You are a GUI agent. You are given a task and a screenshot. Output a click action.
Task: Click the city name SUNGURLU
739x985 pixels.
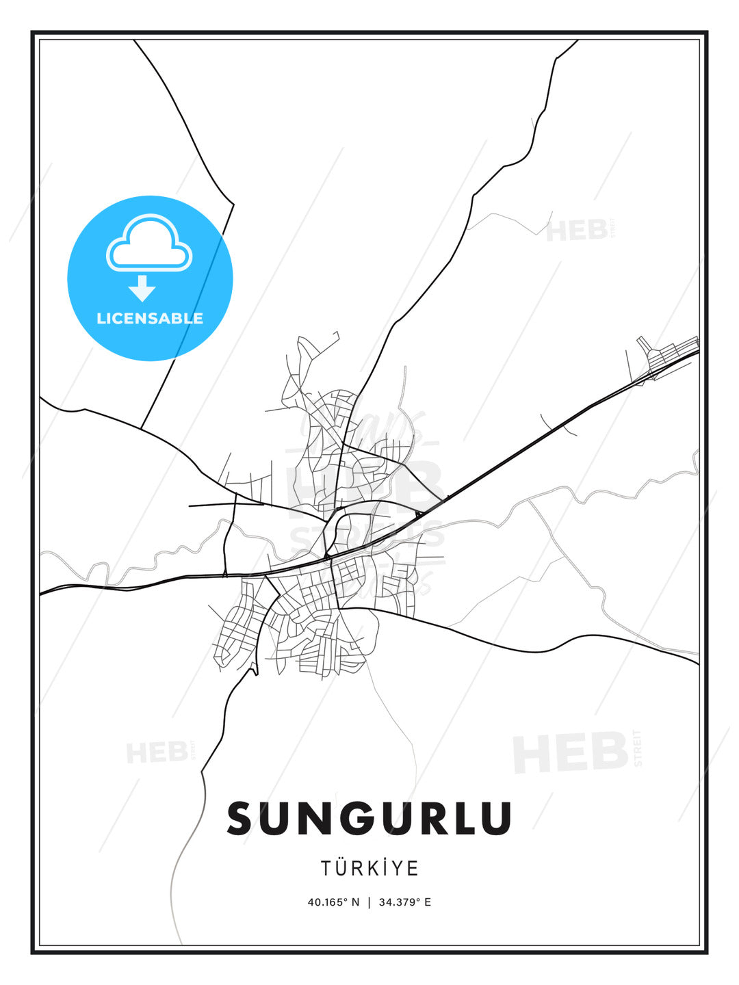click(x=369, y=818)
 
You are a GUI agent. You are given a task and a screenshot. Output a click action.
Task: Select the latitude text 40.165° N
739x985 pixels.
click(x=333, y=902)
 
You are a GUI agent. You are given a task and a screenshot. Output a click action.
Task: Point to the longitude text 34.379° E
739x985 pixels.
click(x=404, y=902)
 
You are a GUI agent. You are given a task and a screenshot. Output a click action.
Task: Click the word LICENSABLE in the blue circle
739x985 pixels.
click(x=150, y=318)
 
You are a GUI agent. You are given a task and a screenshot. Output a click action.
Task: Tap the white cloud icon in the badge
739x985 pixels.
click(x=149, y=244)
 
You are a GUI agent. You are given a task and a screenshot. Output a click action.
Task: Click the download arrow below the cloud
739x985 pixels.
click(x=142, y=288)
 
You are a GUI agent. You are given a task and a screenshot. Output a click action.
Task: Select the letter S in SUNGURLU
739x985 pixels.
click(x=241, y=818)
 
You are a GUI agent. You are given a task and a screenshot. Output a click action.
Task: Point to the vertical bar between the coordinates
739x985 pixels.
click(x=369, y=902)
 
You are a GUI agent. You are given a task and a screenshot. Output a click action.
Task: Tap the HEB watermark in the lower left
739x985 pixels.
click(x=157, y=752)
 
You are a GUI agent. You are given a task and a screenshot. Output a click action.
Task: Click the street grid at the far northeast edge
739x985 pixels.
click(x=667, y=354)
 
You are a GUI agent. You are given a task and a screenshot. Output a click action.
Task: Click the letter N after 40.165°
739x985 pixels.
click(x=355, y=902)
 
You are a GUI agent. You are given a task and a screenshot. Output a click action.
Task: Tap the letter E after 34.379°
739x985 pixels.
click(x=428, y=902)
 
